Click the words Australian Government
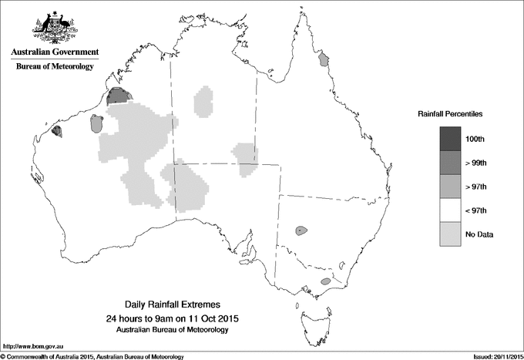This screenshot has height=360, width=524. [x=55, y=52]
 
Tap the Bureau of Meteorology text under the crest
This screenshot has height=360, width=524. [x=55, y=66]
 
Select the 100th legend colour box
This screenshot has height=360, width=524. [x=451, y=139]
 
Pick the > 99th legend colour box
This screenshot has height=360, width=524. [x=451, y=163]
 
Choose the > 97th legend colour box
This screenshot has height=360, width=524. [x=451, y=187]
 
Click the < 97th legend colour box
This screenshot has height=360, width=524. [x=451, y=210]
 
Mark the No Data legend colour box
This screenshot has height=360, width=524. [x=451, y=234]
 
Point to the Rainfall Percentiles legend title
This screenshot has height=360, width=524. [x=450, y=113]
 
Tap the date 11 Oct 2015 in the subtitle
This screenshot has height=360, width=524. [x=215, y=318]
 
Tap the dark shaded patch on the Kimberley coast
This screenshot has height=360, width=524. [x=118, y=96]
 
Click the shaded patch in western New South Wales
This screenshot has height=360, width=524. [x=300, y=230]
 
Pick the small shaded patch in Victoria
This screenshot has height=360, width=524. [x=325, y=282]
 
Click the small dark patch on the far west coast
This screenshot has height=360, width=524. [x=56, y=131]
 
